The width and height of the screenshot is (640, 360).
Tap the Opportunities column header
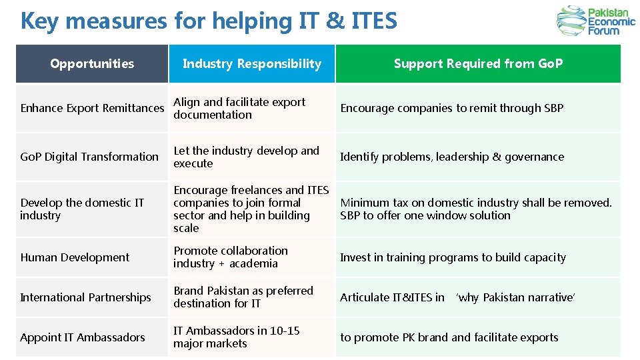[92, 64]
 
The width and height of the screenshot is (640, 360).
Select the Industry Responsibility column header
[251, 64]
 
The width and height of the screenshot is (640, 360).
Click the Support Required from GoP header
[478, 64]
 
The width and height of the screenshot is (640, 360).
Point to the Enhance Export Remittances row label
[92, 108]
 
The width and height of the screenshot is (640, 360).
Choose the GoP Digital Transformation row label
[89, 157]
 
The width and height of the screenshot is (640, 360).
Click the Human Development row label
[75, 257]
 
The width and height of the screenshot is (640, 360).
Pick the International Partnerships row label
[85, 297]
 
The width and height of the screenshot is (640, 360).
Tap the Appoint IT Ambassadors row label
[83, 337]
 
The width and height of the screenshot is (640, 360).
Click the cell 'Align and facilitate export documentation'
[239, 108]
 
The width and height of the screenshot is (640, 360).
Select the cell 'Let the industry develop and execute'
[246, 157]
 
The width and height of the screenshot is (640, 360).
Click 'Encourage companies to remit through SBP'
[451, 108]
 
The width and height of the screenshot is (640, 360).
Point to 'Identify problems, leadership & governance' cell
[452, 157]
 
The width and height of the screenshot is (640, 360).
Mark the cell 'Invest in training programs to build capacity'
[453, 257]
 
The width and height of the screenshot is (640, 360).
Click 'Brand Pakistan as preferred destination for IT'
[243, 297]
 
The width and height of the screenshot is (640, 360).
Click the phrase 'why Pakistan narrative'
[515, 297]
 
